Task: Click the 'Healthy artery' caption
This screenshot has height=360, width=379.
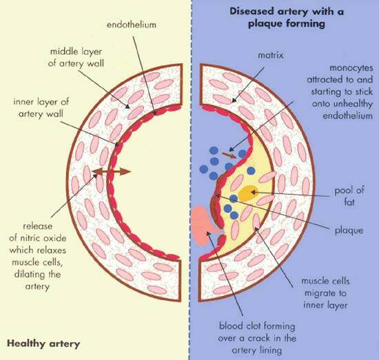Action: click(x=43, y=343)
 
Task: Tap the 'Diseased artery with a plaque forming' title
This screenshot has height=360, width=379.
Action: click(x=287, y=18)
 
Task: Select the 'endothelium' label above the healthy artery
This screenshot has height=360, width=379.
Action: click(x=132, y=25)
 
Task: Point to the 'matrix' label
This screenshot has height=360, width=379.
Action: click(x=271, y=55)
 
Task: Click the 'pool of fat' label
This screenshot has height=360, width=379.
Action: click(x=349, y=195)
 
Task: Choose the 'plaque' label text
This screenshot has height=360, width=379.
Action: click(x=349, y=231)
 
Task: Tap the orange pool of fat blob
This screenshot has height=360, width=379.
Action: click(x=248, y=193)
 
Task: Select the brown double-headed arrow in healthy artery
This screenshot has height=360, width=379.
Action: click(x=112, y=171)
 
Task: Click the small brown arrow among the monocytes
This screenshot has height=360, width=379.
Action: click(x=229, y=155)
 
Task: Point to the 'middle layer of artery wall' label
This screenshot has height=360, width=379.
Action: click(x=76, y=57)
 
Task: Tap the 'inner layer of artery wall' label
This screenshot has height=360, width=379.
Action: click(x=41, y=107)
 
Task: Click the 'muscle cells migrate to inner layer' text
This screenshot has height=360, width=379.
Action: click(x=325, y=293)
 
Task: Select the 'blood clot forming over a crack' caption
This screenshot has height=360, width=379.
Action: click(x=257, y=338)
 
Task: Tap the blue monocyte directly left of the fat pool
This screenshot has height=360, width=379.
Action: click(x=234, y=199)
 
